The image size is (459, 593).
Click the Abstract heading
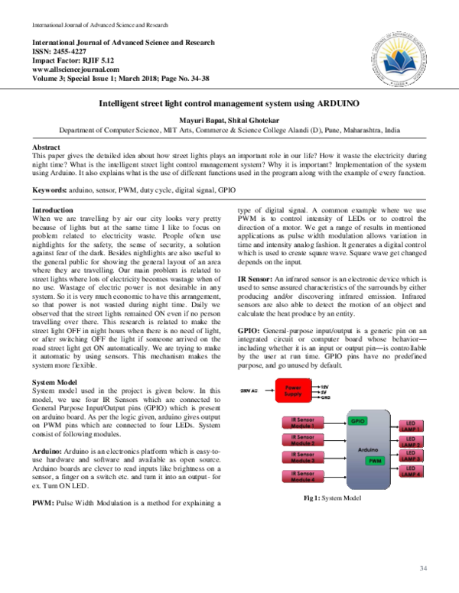tap(47, 146)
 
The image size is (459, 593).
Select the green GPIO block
tap(357, 420)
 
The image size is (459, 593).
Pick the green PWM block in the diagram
tap(375, 461)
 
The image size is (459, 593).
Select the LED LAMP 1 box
tap(410, 424)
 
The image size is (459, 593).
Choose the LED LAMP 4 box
tap(410, 470)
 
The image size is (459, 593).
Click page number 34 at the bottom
tap(423, 568)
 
